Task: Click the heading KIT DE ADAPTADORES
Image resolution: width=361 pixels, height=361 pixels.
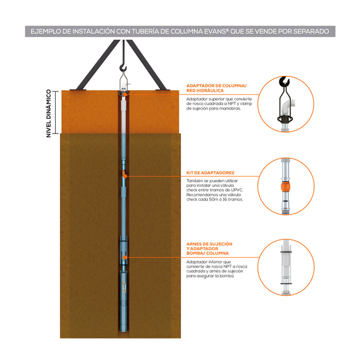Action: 210,173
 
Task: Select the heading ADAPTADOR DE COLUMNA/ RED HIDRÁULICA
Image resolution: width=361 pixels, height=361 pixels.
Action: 216,88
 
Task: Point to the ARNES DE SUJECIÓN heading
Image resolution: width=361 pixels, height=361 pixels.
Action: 209,243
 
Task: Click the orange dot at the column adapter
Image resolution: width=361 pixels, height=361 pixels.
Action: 125,94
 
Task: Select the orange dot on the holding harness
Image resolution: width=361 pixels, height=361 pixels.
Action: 124,257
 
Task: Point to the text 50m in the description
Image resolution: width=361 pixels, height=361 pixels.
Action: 224,200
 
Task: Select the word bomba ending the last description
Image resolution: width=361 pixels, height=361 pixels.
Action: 227,276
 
